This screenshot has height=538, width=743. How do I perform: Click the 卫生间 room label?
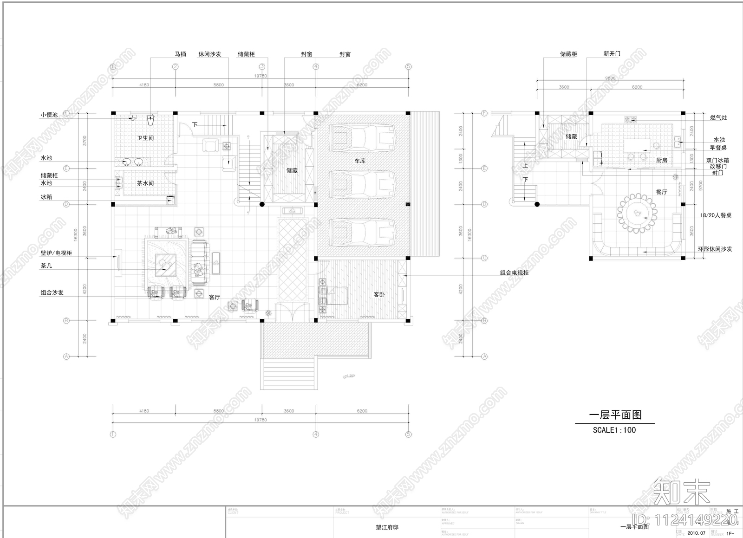pos(145,138)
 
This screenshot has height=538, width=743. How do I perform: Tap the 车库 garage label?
pos(360,161)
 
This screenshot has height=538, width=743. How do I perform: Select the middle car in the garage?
pos(363,184)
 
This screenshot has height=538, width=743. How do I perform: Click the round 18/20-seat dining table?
pos(637,214)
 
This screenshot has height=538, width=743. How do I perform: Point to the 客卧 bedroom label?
pos(379,294)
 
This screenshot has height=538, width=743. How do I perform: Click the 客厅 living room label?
pos(214,297)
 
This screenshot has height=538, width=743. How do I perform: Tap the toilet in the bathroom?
pos(150,121)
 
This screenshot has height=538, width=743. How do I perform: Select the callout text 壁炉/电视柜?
pos(56,253)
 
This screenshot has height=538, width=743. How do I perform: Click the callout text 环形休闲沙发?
pos(715,249)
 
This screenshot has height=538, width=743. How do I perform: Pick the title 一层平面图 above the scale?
pos(615,415)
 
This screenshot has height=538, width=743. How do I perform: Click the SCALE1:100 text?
pos(614,430)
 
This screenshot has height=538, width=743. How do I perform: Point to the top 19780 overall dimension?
pos(261,76)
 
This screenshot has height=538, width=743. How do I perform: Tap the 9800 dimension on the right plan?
pos(610,78)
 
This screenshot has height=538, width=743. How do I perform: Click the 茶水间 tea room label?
pos(145,183)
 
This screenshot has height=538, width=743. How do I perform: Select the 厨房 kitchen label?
pos(662,160)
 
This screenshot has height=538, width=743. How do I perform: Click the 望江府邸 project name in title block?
pos(387,527)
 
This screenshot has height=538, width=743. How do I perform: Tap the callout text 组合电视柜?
pos(514,273)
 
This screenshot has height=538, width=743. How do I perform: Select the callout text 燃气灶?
pos(718,118)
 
